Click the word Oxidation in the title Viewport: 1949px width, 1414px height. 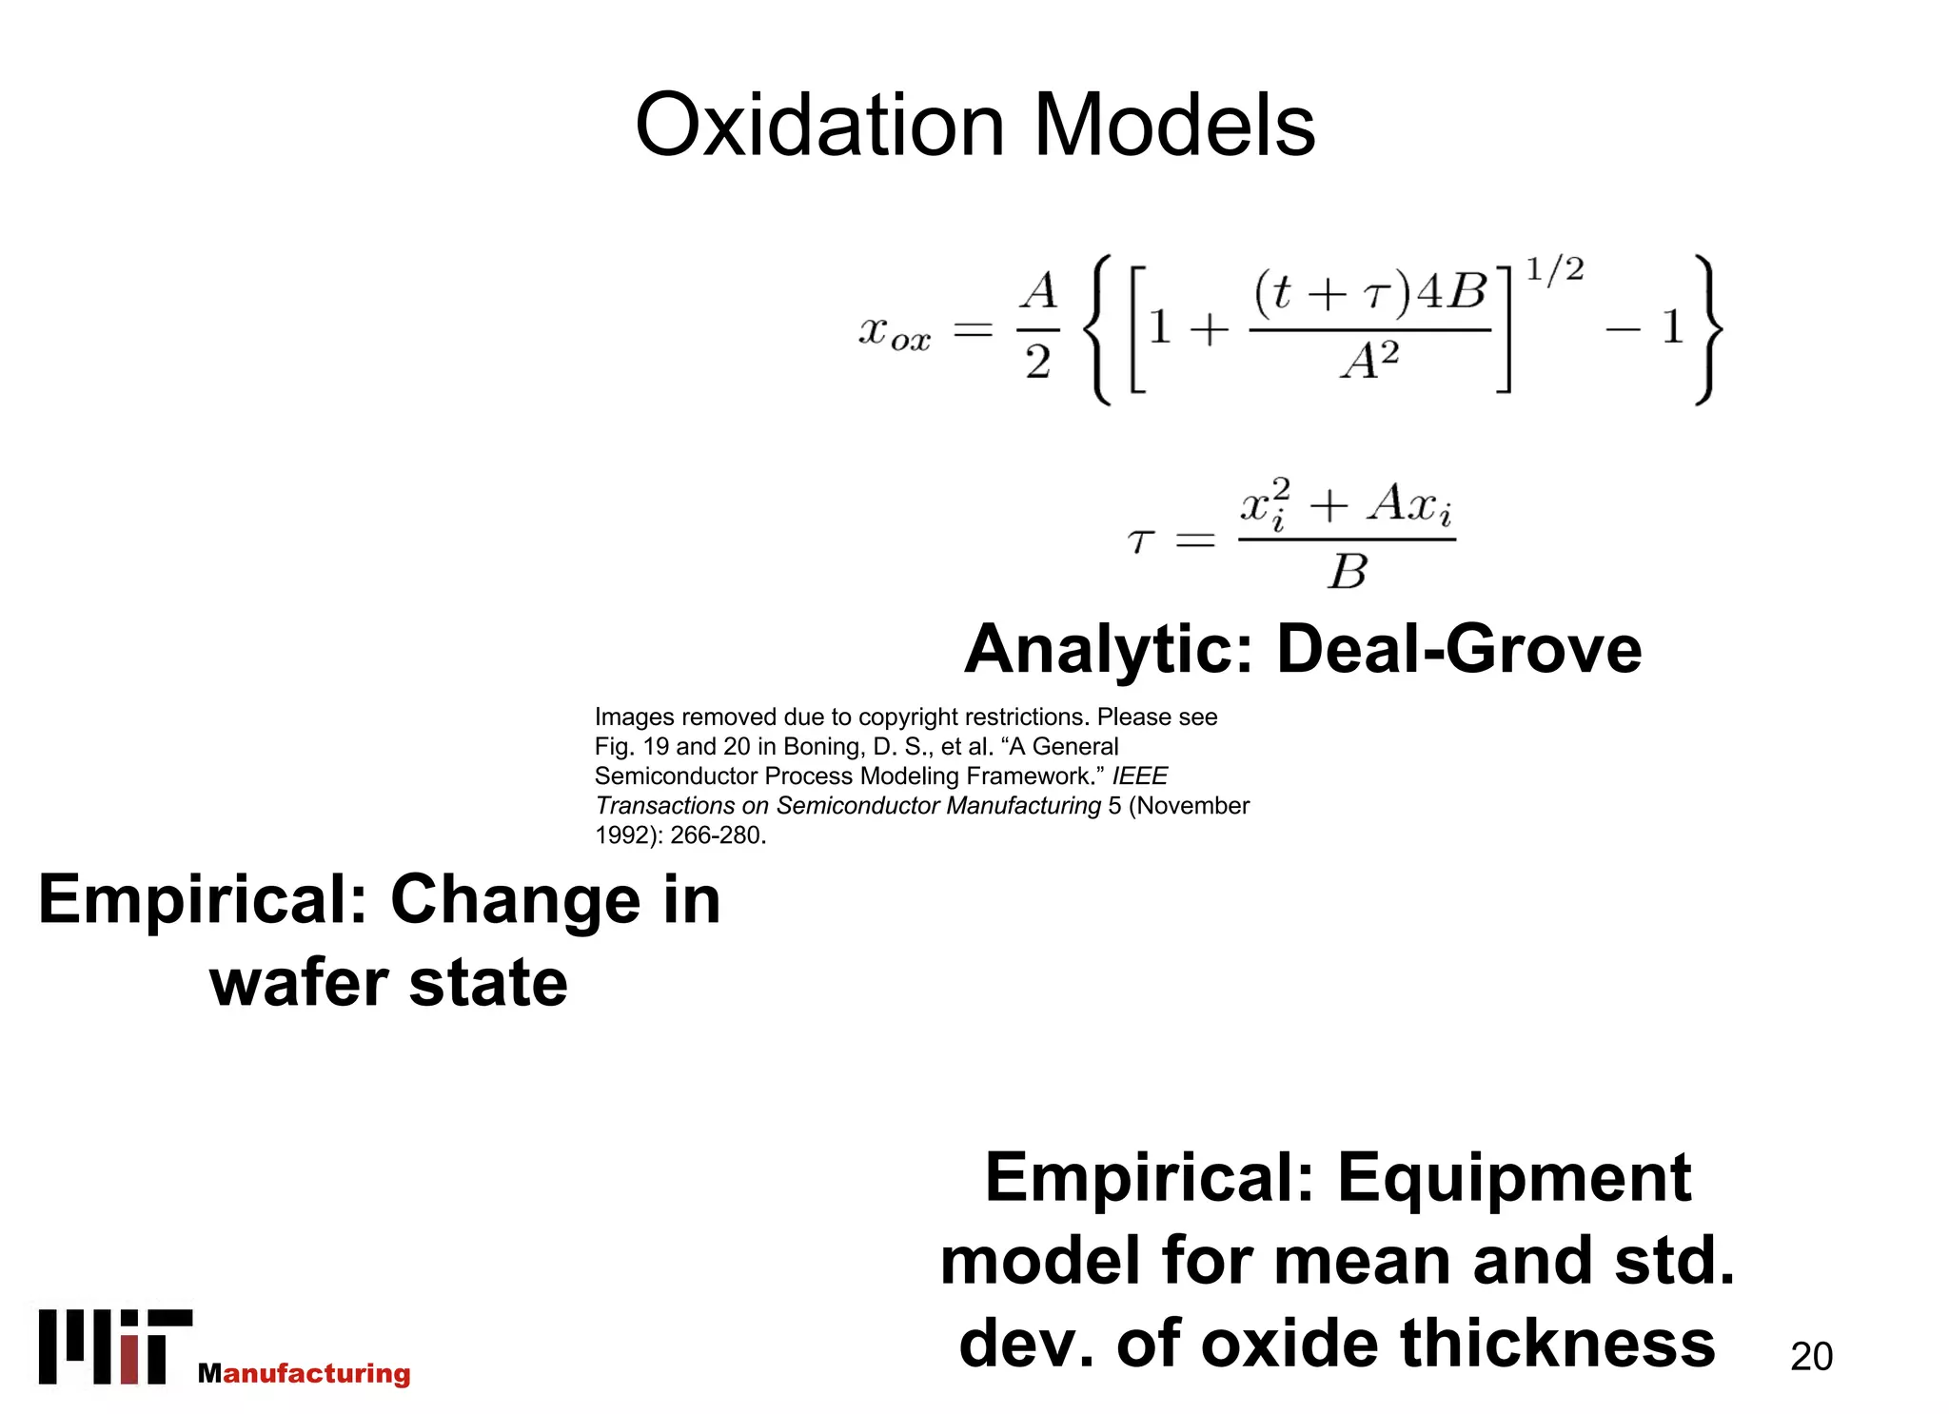(x=819, y=126)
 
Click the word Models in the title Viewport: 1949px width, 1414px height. (x=1174, y=126)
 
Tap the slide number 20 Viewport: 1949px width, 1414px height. (x=1811, y=1356)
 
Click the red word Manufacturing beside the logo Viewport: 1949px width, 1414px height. (x=305, y=1373)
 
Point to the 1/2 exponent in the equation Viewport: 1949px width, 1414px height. (x=1555, y=271)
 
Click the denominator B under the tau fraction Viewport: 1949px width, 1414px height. (x=1348, y=572)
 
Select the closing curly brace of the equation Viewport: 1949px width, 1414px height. (x=1708, y=329)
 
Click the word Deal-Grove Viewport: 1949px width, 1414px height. (x=1459, y=649)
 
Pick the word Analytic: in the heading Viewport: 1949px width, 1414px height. (x=1109, y=649)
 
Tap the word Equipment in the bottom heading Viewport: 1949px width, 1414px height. (x=1515, y=1178)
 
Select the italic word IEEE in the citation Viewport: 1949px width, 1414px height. (x=1140, y=776)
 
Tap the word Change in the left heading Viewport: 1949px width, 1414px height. (x=516, y=900)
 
